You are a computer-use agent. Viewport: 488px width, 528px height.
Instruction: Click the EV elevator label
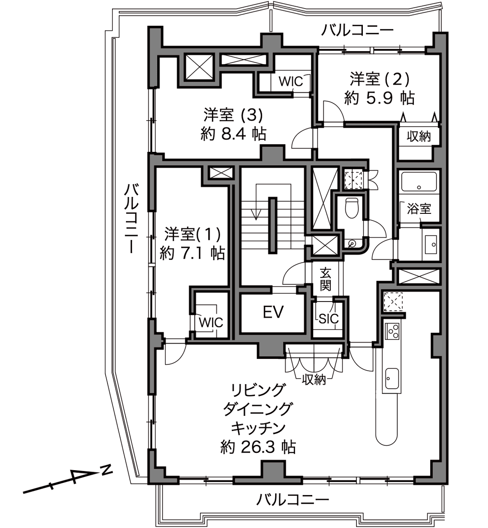click(x=273, y=312)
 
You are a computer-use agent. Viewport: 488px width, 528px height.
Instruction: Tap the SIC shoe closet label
click(x=328, y=318)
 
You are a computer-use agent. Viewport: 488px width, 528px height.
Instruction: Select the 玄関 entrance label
click(x=325, y=279)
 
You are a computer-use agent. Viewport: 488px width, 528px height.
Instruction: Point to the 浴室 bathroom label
click(x=419, y=208)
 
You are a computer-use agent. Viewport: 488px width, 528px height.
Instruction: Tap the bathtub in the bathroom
click(x=418, y=183)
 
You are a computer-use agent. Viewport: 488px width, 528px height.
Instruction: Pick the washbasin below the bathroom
click(x=431, y=244)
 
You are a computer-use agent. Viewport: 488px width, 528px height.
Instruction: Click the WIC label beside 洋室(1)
click(x=211, y=322)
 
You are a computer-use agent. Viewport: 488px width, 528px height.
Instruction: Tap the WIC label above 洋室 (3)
click(x=291, y=81)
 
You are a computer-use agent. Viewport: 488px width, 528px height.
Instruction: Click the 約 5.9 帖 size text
click(x=379, y=98)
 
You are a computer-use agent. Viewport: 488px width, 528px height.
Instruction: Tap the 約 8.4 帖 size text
click(x=233, y=134)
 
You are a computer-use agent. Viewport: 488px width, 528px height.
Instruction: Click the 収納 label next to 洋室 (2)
click(x=419, y=137)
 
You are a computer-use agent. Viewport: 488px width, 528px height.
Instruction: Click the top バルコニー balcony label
click(x=357, y=31)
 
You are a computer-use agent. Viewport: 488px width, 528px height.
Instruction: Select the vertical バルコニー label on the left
click(x=131, y=218)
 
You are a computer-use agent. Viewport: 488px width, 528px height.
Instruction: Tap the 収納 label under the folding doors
click(x=314, y=380)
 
